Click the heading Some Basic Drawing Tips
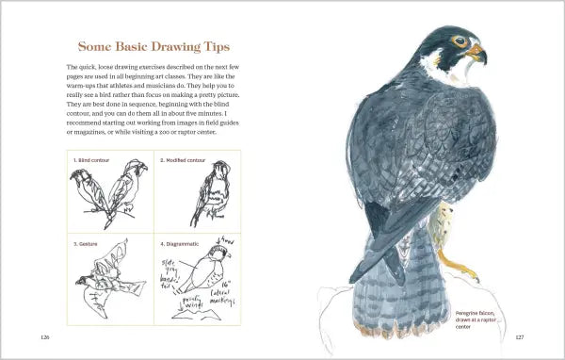pyautogui.click(x=153, y=46)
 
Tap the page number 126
pyautogui.click(x=44, y=336)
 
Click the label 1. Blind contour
pyautogui.click(x=91, y=160)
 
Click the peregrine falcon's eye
pyautogui.click(x=459, y=41)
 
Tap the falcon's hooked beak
pyautogui.click(x=479, y=49)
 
